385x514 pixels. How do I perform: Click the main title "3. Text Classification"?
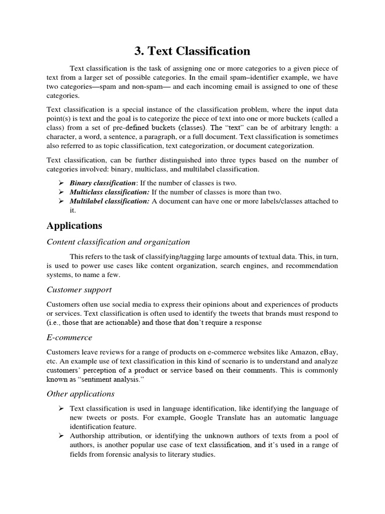coord(192,51)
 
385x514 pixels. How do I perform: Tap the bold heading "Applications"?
coord(74,225)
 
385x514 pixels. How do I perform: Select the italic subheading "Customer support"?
coord(79,290)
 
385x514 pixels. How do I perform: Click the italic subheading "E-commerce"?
coord(69,337)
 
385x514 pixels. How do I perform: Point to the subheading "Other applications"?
coord(81,394)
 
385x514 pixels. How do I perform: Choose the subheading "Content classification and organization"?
coord(118,242)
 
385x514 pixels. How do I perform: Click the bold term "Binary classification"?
coord(103,183)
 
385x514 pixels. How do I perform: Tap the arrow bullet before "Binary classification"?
coord(61,183)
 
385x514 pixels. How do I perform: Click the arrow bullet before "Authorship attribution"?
coord(61,436)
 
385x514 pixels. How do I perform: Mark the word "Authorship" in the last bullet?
coord(88,436)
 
